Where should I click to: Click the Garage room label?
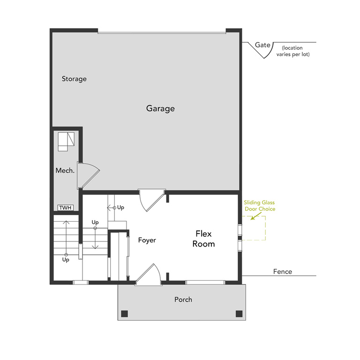coord(160,108)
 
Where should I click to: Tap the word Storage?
coord(74,79)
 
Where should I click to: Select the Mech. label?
coord(65,171)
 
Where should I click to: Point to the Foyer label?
coord(147,240)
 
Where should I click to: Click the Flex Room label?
coord(205,238)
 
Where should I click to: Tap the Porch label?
coord(183,299)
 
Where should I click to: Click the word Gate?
coord(262,45)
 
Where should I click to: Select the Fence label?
coord(282,271)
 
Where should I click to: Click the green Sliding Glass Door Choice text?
coord(259,205)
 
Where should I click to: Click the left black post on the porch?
coord(124,314)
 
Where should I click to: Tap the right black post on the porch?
coord(239,314)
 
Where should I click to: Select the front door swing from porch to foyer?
coord(150,274)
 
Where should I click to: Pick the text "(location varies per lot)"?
coord(295,51)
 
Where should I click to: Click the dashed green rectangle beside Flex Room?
coord(254,229)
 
